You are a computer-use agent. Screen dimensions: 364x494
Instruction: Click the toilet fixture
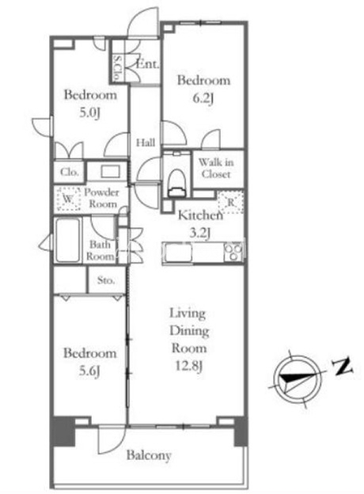pyautogui.click(x=176, y=183)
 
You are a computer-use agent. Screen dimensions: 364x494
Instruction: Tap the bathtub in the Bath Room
pyautogui.click(x=68, y=240)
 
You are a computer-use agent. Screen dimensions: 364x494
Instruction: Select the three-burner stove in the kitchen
pyautogui.click(x=233, y=252)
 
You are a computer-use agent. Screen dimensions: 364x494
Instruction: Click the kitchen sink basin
pyautogui.click(x=178, y=253)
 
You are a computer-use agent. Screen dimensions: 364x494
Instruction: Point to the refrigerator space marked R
pyautogui.click(x=231, y=203)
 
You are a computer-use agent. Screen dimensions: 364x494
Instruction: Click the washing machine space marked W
pyautogui.click(x=68, y=199)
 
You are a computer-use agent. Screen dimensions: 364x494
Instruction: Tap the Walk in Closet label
pyautogui.click(x=216, y=169)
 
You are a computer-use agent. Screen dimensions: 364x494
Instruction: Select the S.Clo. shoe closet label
pyautogui.click(x=117, y=67)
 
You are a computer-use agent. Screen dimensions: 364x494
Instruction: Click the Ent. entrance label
pyautogui.click(x=147, y=64)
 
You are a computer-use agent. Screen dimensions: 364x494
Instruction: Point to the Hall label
pyautogui.click(x=146, y=143)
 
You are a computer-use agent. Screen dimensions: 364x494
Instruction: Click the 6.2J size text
pyautogui.click(x=203, y=99)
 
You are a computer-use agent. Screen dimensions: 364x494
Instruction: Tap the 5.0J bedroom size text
pyautogui.click(x=89, y=112)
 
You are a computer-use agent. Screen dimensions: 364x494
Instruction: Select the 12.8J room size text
pyautogui.click(x=188, y=367)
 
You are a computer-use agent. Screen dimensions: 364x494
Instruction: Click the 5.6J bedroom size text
pyautogui.click(x=89, y=370)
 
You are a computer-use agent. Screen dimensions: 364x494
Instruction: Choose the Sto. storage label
pyautogui.click(x=106, y=280)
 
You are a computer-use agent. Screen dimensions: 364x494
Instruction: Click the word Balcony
pyautogui.click(x=149, y=455)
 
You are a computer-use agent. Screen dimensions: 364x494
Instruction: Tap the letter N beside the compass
pyautogui.click(x=344, y=366)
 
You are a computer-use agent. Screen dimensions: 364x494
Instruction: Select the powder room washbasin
pyautogui.click(x=110, y=172)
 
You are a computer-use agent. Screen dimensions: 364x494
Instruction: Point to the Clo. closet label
pyautogui.click(x=70, y=172)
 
